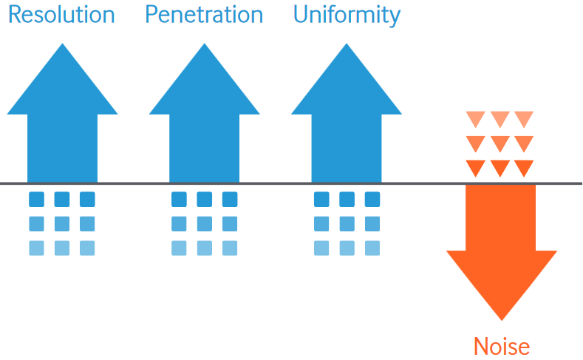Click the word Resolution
(61, 15)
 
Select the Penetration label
(204, 15)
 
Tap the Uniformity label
(347, 16)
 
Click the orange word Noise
(502, 346)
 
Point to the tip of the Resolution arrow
(63, 44)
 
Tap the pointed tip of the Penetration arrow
(204, 44)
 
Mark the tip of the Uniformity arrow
(347, 44)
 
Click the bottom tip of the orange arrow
(502, 321)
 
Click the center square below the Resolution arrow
(62, 224)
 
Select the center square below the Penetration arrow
(204, 224)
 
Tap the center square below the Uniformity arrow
(347, 224)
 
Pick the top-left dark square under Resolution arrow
(36, 200)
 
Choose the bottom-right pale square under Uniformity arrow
(372, 248)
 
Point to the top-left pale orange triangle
(476, 119)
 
